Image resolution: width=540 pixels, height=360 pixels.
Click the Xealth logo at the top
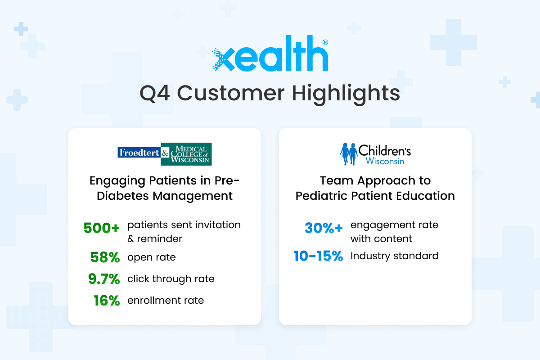click(x=270, y=53)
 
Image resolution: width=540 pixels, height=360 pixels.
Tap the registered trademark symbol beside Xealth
click(x=325, y=42)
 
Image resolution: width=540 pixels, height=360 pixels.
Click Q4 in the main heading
click(x=155, y=94)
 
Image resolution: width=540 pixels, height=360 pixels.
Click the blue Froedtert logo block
click(x=139, y=153)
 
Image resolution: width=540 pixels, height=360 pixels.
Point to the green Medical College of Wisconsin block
click(x=186, y=154)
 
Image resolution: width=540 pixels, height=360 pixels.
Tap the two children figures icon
click(x=349, y=154)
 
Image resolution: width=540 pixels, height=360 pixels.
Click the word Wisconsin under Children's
click(x=385, y=161)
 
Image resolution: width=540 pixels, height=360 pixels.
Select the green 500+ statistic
click(x=102, y=228)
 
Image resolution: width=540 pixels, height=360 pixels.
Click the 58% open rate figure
click(x=105, y=257)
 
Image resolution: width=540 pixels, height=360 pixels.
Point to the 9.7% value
click(x=104, y=279)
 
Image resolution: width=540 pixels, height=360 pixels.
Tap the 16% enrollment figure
click(x=107, y=301)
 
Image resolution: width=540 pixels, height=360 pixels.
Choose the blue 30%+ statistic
click(x=324, y=228)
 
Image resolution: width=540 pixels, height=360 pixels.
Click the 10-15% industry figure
click(x=318, y=256)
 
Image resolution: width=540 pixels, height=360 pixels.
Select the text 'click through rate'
click(x=171, y=279)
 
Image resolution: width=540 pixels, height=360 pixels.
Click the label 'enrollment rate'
click(x=166, y=301)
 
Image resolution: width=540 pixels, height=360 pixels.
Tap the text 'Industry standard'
click(x=394, y=256)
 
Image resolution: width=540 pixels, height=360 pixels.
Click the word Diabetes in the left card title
click(x=123, y=196)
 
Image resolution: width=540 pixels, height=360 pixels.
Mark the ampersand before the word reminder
click(x=130, y=239)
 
